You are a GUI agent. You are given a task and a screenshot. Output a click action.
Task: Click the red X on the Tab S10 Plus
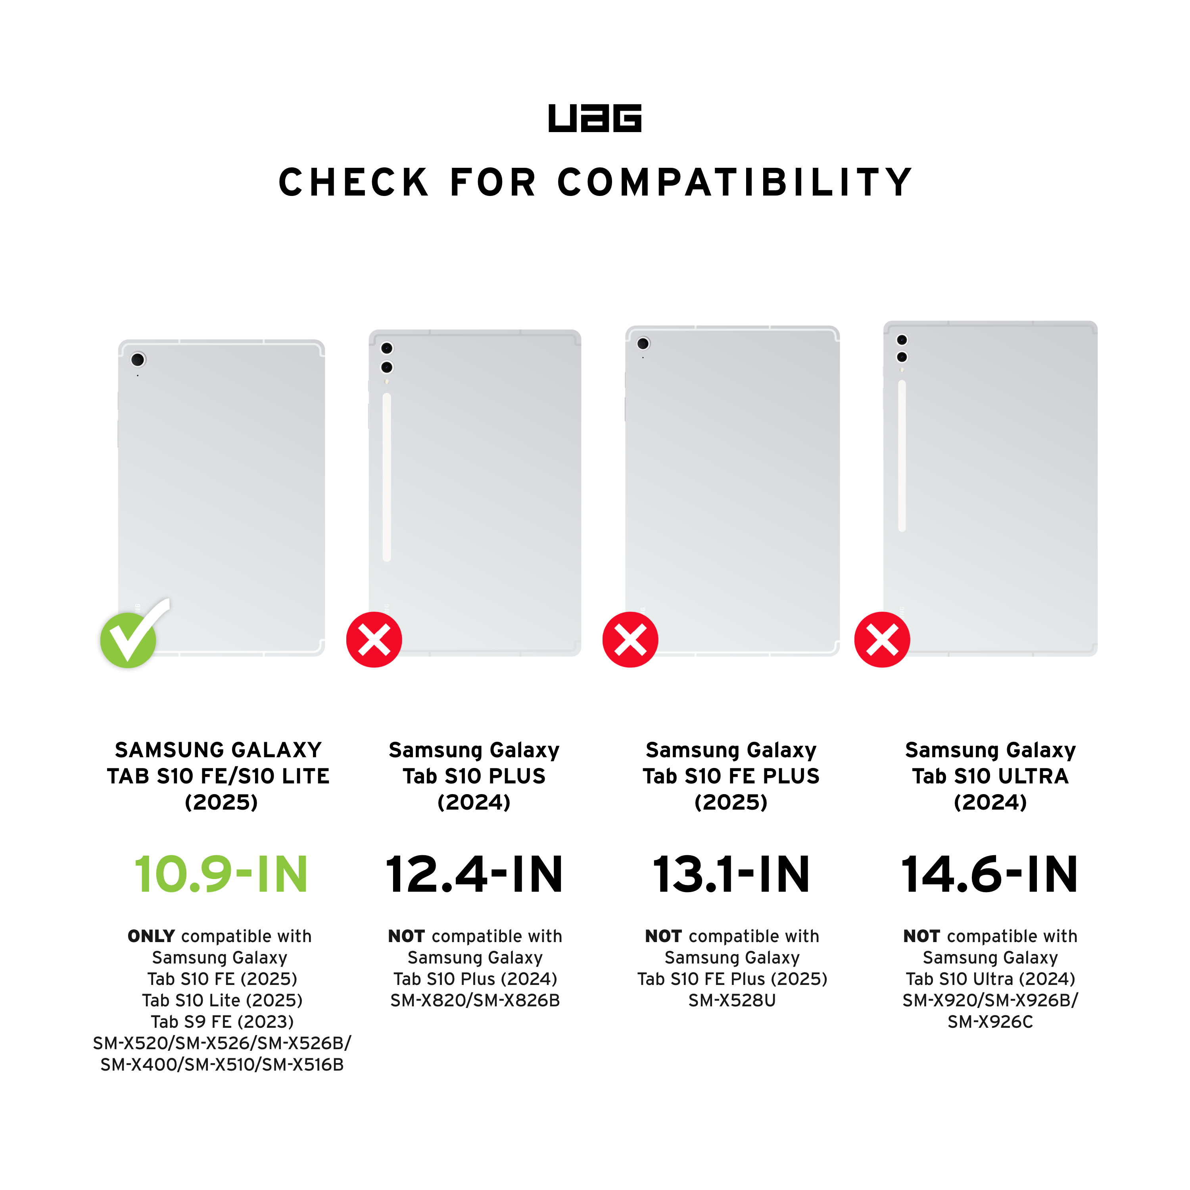tap(374, 639)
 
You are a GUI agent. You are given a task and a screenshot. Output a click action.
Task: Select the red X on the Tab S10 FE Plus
tap(630, 639)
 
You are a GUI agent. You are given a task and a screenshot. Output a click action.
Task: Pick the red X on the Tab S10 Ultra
tap(882, 639)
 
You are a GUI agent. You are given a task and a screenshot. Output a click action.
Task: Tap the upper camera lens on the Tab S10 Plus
tap(387, 349)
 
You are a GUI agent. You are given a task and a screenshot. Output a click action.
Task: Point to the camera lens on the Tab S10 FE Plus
tap(643, 343)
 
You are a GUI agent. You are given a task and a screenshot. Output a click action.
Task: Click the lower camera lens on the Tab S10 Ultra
tap(902, 357)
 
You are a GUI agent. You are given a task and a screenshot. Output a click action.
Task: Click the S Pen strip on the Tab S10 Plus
tap(387, 477)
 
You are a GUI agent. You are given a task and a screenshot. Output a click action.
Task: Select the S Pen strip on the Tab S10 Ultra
tap(902, 456)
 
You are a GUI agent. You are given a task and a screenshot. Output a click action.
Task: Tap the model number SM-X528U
tap(732, 1001)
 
